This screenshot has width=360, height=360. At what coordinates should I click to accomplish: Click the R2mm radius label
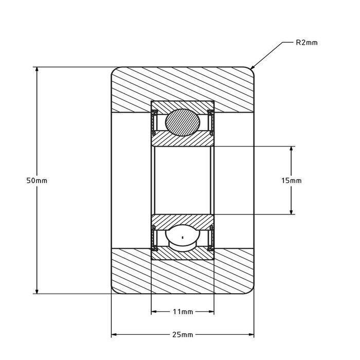pos(307,43)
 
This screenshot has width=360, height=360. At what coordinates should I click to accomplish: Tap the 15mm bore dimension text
pos(291,181)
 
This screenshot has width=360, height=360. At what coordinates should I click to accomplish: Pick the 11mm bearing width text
pos(183,312)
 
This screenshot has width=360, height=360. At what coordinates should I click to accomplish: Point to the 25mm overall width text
pos(183,334)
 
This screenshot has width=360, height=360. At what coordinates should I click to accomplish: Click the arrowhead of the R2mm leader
pos(252,68)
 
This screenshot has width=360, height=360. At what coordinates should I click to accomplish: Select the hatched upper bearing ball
pos(183,123)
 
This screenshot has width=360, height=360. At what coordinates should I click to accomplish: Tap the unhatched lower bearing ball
pos(183,238)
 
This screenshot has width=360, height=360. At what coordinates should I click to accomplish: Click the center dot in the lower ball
pos(183,238)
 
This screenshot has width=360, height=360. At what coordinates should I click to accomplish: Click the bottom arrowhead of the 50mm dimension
pos(37,291)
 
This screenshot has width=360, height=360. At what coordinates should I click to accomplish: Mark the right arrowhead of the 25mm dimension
pos(251,334)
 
